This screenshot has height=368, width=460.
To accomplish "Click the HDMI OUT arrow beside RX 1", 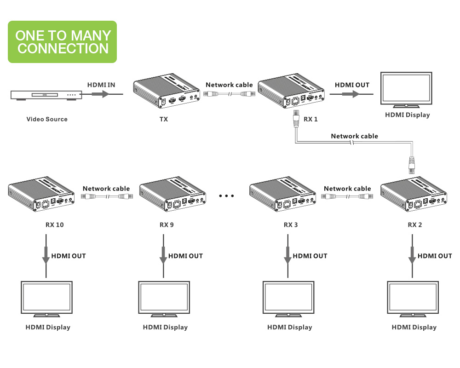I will (x=352, y=94).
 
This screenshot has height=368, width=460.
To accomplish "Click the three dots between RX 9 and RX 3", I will (x=226, y=196).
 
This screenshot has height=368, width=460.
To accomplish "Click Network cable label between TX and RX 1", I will (x=229, y=85).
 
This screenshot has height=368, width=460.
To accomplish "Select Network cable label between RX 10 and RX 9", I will (x=106, y=189).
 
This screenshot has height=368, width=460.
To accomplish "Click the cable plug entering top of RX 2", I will (x=413, y=165).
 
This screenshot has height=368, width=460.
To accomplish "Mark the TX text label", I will (x=163, y=119).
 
